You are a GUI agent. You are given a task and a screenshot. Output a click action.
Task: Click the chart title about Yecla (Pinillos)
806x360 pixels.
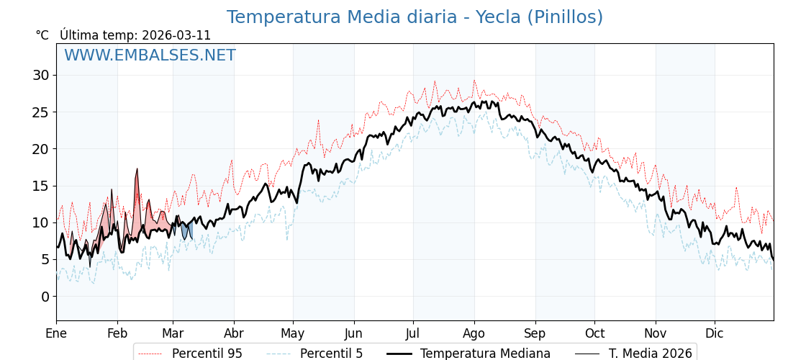click(x=415, y=17)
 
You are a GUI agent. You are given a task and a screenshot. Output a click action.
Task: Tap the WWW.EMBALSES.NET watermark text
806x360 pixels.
click(x=150, y=55)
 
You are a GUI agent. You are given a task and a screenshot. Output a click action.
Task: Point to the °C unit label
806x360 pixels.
click(x=42, y=35)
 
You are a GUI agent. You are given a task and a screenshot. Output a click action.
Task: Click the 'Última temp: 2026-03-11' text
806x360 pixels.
click(x=135, y=35)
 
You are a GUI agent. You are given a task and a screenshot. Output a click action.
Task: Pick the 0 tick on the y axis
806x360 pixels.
click(x=45, y=297)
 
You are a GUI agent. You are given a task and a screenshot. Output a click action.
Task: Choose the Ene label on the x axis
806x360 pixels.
click(x=56, y=334)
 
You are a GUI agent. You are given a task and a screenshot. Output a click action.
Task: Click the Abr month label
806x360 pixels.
click(x=234, y=334)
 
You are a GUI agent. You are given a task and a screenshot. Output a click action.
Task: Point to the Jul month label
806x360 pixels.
click(x=413, y=334)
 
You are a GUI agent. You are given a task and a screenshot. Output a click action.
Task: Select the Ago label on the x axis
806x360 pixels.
click(x=474, y=334)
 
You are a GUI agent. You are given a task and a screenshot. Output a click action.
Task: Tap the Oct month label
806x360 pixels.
click(x=594, y=334)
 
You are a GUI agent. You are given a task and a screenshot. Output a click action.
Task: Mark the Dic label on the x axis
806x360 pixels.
click(x=715, y=334)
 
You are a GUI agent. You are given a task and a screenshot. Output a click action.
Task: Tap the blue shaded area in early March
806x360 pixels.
click(x=186, y=231)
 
